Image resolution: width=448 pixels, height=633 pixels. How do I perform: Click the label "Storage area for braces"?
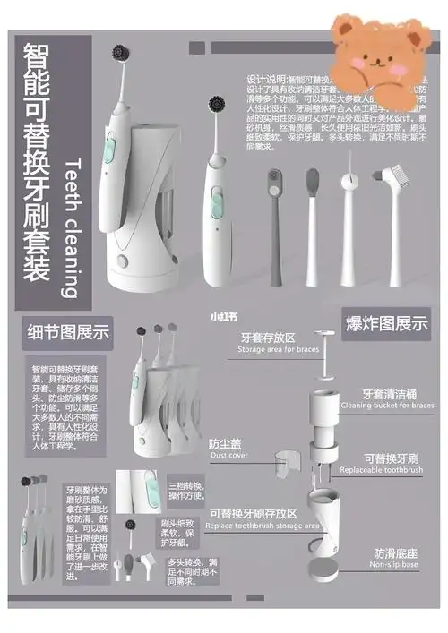tap(278, 349)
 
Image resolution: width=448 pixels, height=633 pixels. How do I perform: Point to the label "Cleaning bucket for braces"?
tap(386, 405)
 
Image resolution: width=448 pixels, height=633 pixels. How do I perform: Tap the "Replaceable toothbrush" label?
tap(381, 469)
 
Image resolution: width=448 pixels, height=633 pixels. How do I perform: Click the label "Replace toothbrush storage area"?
tap(263, 526)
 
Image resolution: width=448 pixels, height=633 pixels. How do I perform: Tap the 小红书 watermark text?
tap(223, 315)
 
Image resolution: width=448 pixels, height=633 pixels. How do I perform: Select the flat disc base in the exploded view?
tap(323, 569)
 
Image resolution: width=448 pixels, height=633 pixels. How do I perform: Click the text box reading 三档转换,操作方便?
tap(185, 492)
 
